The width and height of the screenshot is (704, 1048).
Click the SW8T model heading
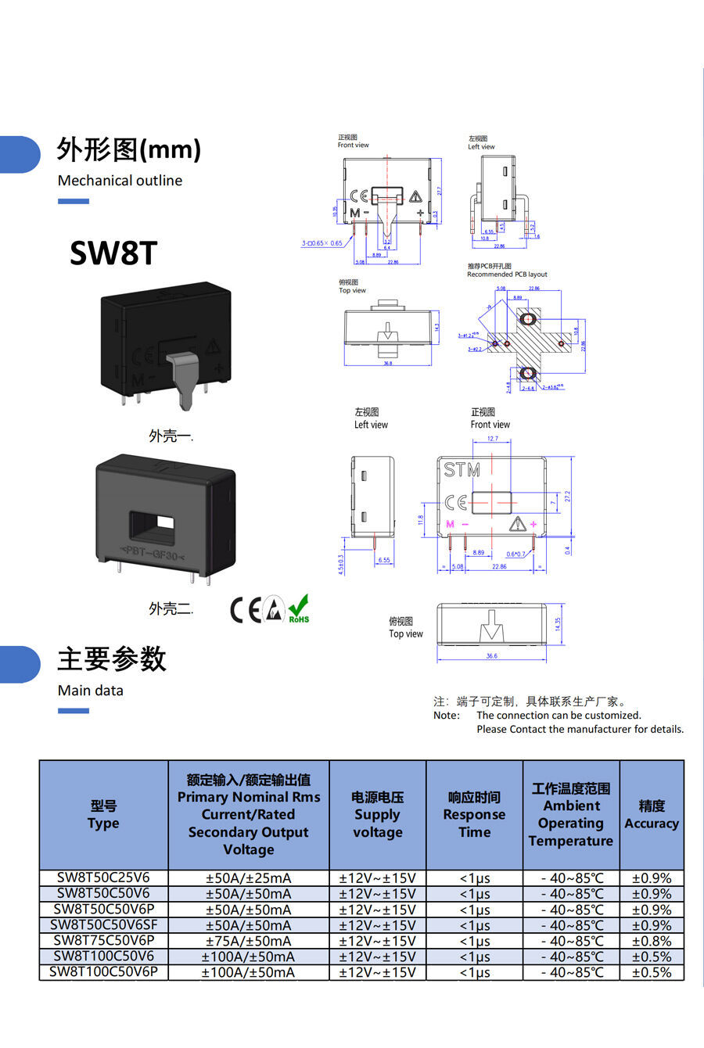(113, 253)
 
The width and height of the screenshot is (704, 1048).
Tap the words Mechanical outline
(120, 180)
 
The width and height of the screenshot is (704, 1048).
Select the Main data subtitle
(90, 690)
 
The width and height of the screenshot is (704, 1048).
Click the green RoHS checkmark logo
(298, 608)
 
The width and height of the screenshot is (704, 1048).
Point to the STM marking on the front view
(462, 470)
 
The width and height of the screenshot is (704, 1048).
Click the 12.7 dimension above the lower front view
(492, 439)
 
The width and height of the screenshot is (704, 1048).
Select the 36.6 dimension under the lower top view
(491, 656)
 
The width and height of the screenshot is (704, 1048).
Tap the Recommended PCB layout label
(507, 275)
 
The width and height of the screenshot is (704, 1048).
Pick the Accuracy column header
(651, 815)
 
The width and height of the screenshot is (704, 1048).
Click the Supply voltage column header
(377, 815)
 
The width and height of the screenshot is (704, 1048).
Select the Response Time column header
(474, 815)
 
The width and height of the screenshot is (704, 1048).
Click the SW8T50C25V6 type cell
(103, 878)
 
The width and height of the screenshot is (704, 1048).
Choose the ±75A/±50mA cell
(248, 941)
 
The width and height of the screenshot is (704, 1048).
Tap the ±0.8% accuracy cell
(651, 941)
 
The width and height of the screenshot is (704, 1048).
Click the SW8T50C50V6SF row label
(103, 925)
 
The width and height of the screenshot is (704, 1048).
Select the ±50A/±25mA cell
(248, 878)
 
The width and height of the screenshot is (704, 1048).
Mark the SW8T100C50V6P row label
(103, 972)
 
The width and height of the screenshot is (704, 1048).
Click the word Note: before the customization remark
(447, 715)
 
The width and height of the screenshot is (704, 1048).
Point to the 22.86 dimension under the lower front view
(499, 566)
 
